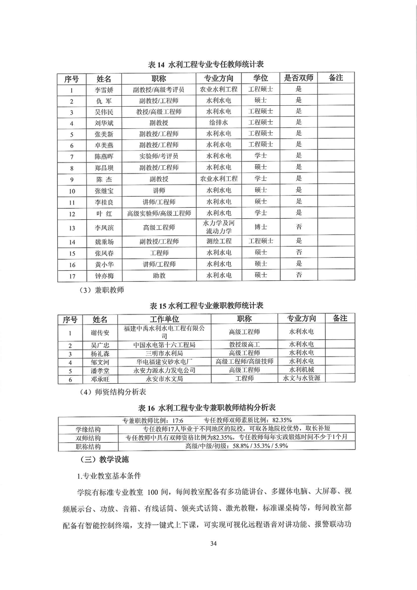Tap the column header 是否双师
(298, 78)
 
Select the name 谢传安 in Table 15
(100, 332)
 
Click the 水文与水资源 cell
(301, 378)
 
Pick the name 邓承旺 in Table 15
(100, 378)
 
